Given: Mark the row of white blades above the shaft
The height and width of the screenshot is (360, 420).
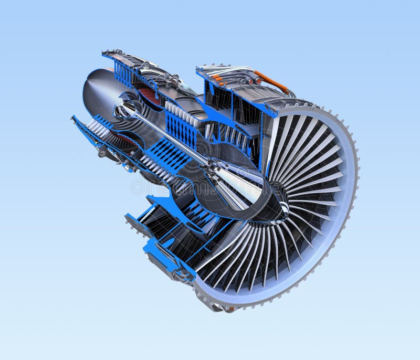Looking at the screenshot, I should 181,112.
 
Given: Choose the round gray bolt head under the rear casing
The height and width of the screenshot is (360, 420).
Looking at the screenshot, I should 102,153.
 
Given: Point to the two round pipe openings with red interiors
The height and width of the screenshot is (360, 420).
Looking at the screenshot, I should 254,81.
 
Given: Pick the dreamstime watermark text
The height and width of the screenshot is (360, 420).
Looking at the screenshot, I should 157,186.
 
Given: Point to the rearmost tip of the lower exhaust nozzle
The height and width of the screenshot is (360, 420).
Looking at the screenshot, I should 73,118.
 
